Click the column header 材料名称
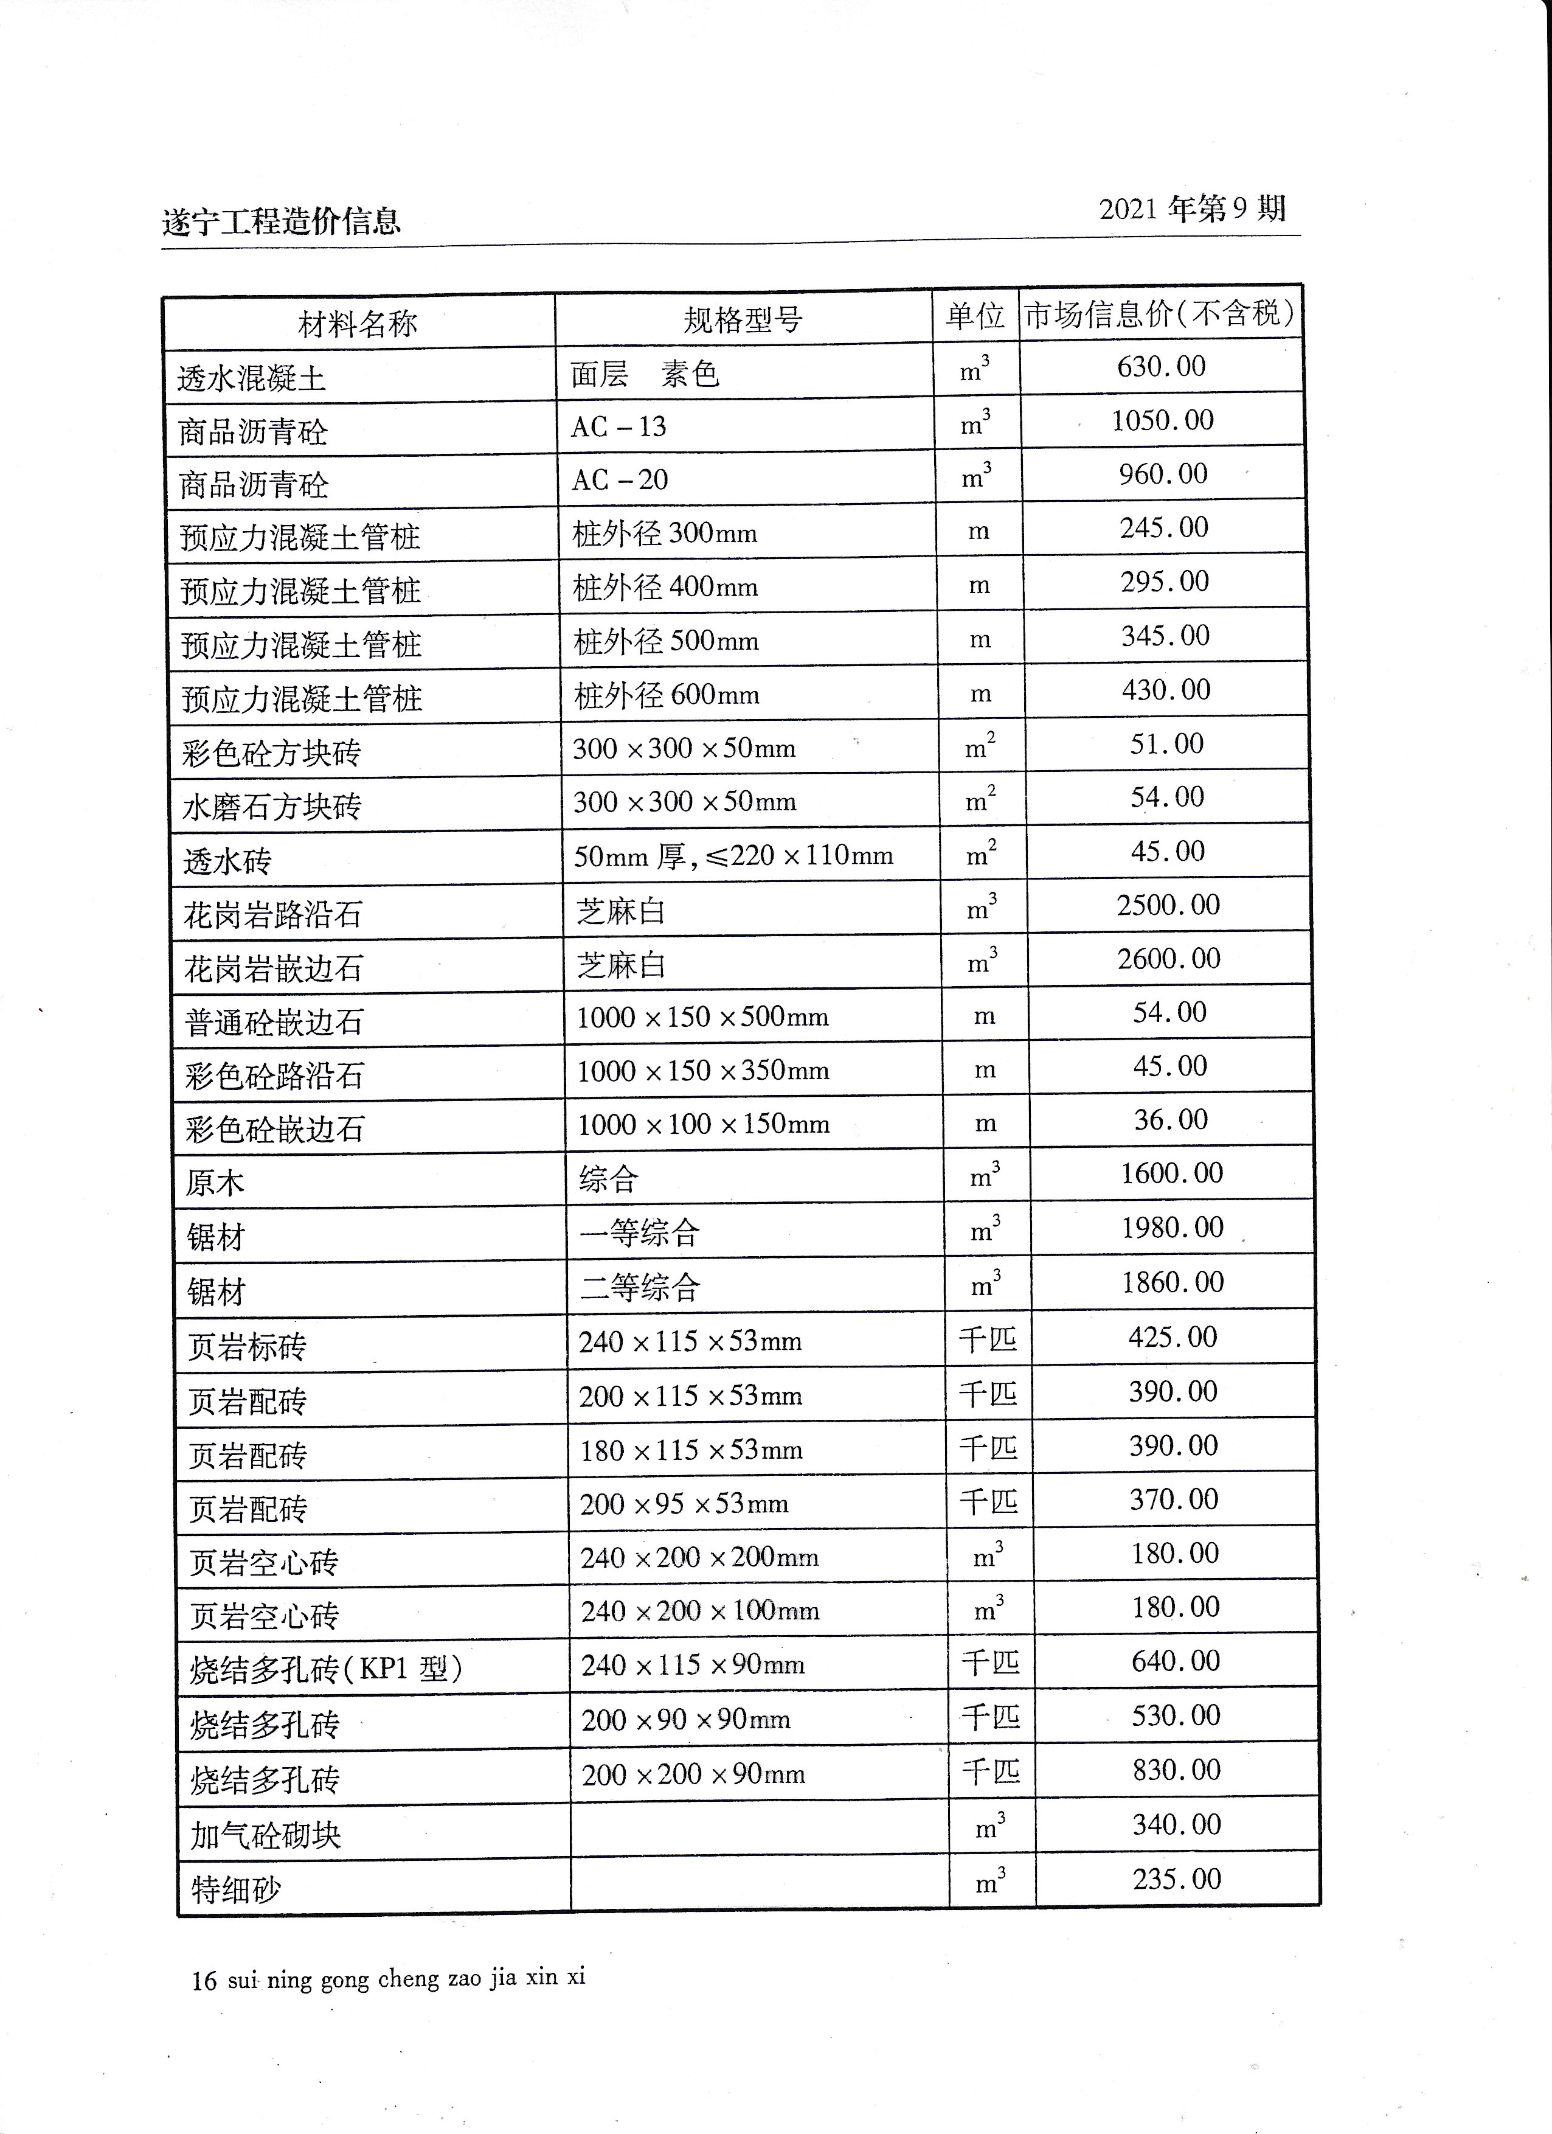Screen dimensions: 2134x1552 point(358,324)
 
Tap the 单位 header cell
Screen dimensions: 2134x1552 point(975,316)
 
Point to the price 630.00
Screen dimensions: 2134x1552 point(1161,366)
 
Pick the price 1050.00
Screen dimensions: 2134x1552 point(1163,420)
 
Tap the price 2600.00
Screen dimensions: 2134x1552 point(1168,959)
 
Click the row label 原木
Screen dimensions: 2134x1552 point(215,1183)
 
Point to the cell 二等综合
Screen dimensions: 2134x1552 point(640,1286)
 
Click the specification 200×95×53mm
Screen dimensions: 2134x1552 point(684,1504)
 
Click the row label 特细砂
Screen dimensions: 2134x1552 point(235,1888)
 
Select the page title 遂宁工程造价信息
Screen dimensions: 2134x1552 point(281,222)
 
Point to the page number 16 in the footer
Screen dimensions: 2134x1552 point(203,1981)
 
